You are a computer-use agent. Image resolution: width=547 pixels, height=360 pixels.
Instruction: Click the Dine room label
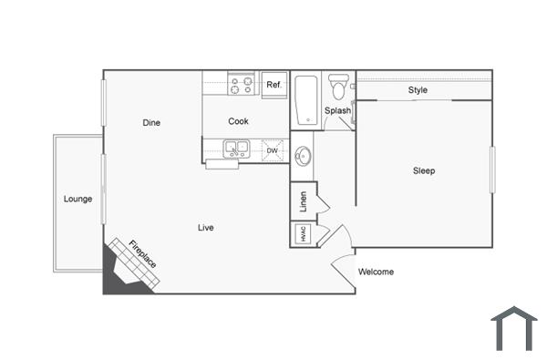[x=151, y=122]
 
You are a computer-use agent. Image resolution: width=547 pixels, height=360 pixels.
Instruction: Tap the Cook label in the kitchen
[x=238, y=121]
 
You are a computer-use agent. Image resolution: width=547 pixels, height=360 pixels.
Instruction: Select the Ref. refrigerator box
[x=273, y=85]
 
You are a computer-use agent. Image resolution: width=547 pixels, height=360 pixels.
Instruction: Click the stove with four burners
[x=242, y=85]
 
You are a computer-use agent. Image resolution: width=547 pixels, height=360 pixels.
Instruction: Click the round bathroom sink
[x=304, y=156]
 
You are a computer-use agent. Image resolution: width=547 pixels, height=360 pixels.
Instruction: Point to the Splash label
[x=337, y=111]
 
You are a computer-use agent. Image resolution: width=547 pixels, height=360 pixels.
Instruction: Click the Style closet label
[x=418, y=90]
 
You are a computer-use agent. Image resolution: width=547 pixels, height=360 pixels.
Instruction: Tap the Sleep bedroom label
[x=424, y=170]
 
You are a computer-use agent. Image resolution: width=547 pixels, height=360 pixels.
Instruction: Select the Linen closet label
[x=303, y=201]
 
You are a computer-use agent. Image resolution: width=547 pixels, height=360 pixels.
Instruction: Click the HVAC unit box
[x=302, y=234]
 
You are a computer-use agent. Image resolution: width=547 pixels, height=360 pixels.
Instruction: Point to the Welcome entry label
[x=376, y=272]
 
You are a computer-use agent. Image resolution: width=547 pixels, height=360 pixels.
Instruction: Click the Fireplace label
[x=142, y=253]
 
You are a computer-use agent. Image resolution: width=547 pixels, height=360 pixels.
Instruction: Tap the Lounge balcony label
[x=77, y=199]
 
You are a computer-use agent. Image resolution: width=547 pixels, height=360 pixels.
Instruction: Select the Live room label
[x=206, y=227]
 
